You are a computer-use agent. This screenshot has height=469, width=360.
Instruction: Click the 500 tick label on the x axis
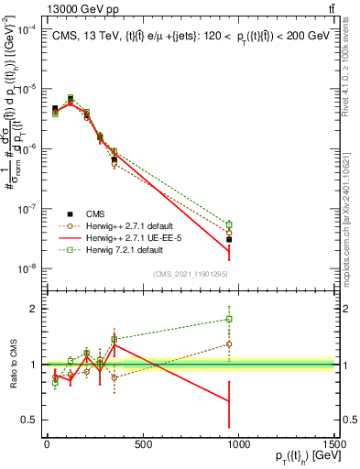tap(142, 444)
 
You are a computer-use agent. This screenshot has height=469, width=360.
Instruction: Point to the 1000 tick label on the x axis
tap(239, 444)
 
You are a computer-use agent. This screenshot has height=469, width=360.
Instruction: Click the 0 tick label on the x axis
tap(47, 444)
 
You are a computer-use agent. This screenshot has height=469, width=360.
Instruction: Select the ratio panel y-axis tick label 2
tap(31, 309)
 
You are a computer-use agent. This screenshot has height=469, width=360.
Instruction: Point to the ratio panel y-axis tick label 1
tap(31, 365)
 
